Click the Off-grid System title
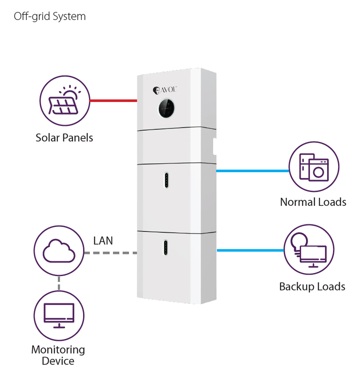49,17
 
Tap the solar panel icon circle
65,101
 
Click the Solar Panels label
65,137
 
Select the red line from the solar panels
113,101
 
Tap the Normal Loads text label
313,202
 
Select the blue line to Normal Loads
252,170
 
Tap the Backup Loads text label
312,286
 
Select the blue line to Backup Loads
250,250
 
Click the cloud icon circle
59,251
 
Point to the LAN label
103,241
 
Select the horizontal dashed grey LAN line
110,253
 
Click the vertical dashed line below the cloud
59,283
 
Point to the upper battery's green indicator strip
166,180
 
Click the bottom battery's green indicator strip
166,248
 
